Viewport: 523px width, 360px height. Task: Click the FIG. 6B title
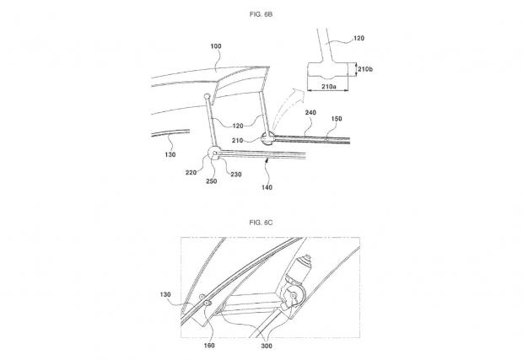click(x=261, y=14)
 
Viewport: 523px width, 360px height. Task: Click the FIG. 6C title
click(x=261, y=223)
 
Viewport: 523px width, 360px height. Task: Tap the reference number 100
click(x=216, y=46)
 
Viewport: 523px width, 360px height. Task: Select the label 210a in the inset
click(x=328, y=87)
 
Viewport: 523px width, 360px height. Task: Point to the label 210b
click(x=365, y=69)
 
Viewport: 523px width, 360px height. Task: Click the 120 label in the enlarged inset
click(x=359, y=38)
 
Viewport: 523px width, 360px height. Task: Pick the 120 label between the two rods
click(x=238, y=126)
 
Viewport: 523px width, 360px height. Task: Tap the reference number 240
click(x=310, y=113)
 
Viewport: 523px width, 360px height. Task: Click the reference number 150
click(x=337, y=119)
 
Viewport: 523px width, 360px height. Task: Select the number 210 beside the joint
click(x=238, y=141)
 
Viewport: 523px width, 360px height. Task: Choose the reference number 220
click(x=191, y=173)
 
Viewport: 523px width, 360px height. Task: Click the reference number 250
click(x=212, y=181)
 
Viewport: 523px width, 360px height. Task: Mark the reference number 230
click(x=236, y=175)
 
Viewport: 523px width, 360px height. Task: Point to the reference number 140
click(x=267, y=188)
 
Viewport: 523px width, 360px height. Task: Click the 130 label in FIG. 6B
click(x=170, y=154)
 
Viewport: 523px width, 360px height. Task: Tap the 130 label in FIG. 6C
click(x=165, y=295)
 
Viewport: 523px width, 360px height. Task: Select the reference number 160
click(x=209, y=346)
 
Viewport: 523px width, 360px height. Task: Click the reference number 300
click(x=267, y=346)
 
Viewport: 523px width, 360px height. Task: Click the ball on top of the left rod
click(x=208, y=97)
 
